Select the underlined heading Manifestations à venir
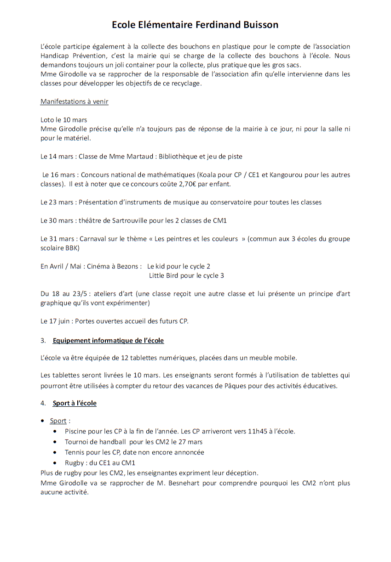(x=74, y=101)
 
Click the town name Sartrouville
(x=137, y=220)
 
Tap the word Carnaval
(x=93, y=239)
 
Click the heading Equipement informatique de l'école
(x=108, y=341)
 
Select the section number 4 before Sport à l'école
(x=43, y=404)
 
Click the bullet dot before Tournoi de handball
(x=55, y=442)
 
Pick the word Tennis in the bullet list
(x=75, y=452)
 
